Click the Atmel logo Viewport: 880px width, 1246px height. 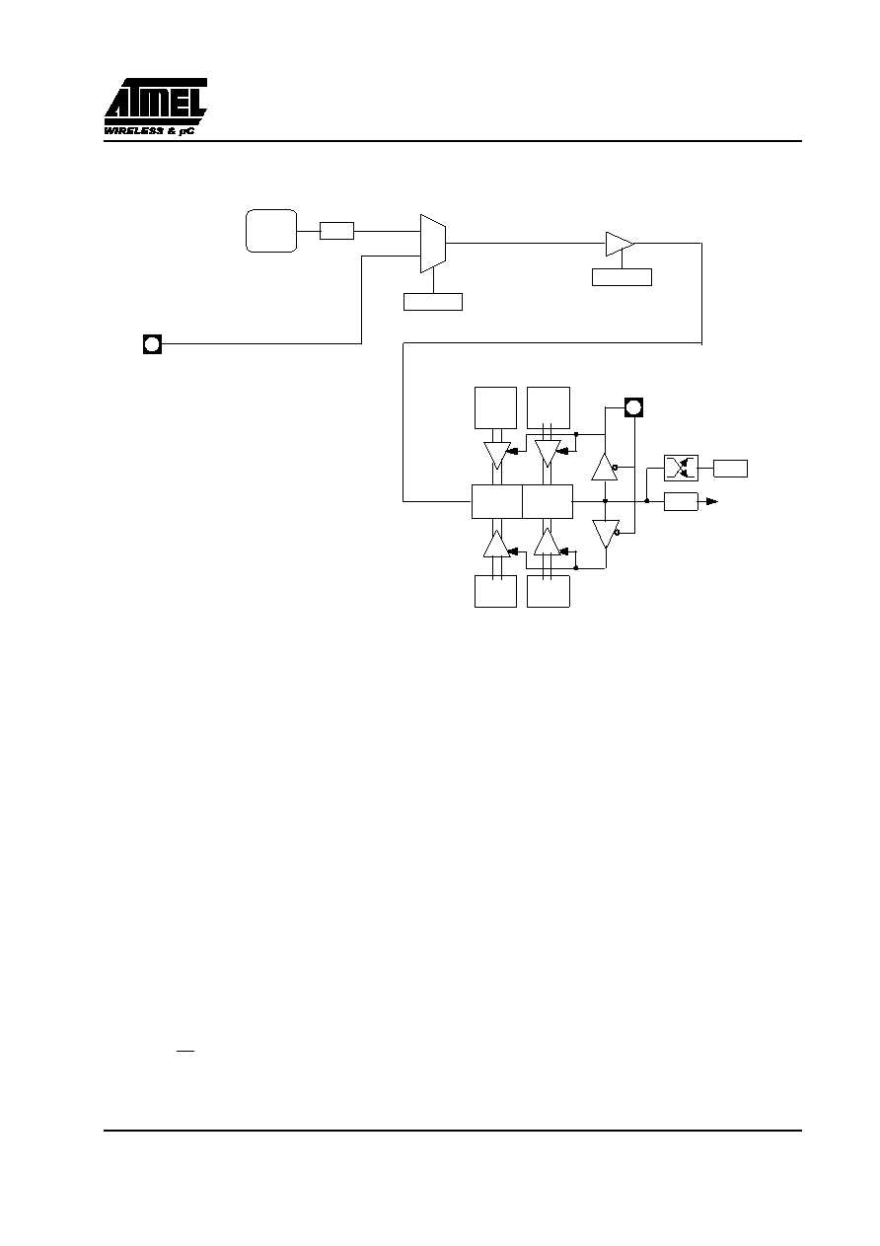point(155,107)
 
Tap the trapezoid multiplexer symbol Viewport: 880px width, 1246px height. point(433,244)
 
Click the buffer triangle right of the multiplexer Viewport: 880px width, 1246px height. point(620,244)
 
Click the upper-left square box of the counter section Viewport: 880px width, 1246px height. point(495,407)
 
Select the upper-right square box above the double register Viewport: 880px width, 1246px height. point(548,407)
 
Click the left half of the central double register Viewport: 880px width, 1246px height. point(497,501)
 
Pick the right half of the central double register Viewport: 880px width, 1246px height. point(548,501)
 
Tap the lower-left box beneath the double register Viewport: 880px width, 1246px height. point(495,591)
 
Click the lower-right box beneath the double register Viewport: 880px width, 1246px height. point(548,591)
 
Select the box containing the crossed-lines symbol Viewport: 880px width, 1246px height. point(681,468)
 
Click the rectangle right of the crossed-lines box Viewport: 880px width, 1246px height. point(730,469)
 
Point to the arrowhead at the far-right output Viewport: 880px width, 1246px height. point(712,502)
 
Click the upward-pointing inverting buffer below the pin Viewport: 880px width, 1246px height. point(604,468)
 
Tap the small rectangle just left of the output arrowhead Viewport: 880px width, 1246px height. point(681,501)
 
